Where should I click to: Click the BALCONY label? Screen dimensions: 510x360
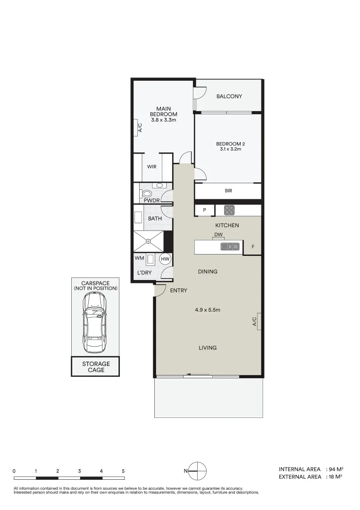click(x=229, y=96)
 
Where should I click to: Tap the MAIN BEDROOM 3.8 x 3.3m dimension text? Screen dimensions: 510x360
click(x=163, y=120)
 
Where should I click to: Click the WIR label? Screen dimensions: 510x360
click(x=151, y=167)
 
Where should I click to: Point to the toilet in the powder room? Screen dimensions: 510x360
click(x=147, y=194)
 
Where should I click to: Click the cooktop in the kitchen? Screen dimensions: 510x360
click(x=229, y=210)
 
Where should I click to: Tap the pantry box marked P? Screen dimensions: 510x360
click(x=205, y=210)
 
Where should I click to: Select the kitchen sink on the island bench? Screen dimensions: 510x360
click(x=230, y=246)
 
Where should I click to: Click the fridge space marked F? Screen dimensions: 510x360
click(x=253, y=247)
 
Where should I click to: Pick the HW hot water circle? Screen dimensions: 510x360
click(x=165, y=259)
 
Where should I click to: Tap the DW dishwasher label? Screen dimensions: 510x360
click(x=218, y=235)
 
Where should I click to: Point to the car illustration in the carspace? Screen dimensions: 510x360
click(x=95, y=323)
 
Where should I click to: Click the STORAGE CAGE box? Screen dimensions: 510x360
click(x=96, y=367)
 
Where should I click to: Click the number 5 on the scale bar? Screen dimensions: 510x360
click(x=123, y=471)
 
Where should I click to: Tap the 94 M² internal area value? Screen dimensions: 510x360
click(x=336, y=469)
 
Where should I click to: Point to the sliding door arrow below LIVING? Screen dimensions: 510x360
click(x=198, y=375)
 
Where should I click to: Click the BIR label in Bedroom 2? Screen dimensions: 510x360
click(x=228, y=191)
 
